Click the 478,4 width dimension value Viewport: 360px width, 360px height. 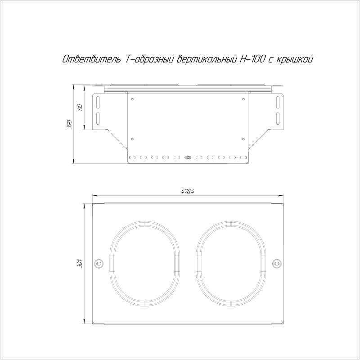point(187,192)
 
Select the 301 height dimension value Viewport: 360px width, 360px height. point(80,264)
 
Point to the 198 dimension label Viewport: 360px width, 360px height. point(70,124)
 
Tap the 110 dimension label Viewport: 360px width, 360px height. point(80,108)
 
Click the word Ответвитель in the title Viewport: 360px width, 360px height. point(92,59)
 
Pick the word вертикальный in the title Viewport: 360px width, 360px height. point(207,59)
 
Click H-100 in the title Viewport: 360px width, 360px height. point(252,59)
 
